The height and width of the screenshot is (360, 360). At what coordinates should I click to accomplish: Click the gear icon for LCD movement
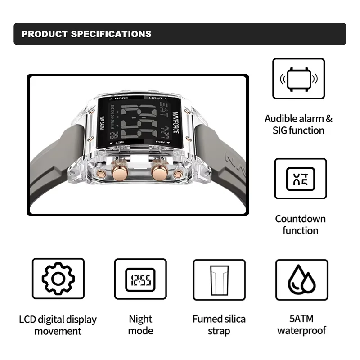[58, 279]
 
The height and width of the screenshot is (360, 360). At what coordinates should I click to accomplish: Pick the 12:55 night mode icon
[140, 279]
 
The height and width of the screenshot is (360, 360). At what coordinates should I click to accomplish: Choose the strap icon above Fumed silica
[219, 279]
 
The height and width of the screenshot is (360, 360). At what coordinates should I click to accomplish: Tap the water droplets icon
[301, 279]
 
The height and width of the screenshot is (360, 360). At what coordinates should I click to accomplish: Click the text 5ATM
[301, 319]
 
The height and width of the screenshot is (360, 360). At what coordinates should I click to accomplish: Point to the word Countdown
[301, 219]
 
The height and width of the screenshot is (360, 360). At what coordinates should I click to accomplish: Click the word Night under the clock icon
[140, 319]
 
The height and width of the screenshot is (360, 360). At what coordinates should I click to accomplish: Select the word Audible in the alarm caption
[281, 119]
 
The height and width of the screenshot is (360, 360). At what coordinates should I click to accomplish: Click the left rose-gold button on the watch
[121, 172]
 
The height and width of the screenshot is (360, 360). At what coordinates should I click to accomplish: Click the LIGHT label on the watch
[156, 98]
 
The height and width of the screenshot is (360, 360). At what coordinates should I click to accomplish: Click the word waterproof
[301, 331]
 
